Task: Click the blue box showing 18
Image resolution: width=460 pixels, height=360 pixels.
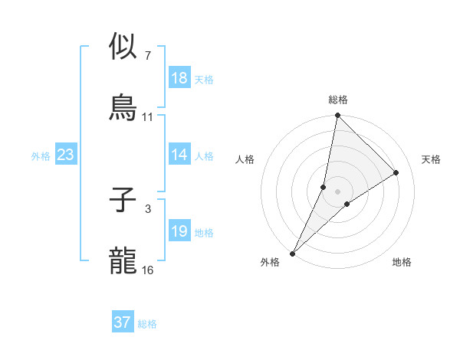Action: [x=179, y=77]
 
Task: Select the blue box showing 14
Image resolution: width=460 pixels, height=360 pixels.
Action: [x=179, y=155]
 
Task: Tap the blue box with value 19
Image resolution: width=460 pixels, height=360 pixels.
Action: [x=179, y=231]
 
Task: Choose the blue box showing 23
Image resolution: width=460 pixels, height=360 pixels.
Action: [x=66, y=155]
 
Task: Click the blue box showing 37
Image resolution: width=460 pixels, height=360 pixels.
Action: [x=123, y=322]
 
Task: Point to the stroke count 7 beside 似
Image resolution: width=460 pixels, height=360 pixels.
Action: [x=148, y=56]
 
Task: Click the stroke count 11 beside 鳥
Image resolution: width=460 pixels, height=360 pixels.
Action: [x=148, y=116]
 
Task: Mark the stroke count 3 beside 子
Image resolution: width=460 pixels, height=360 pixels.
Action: [x=148, y=208]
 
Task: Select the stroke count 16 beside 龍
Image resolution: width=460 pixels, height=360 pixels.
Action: [x=148, y=270]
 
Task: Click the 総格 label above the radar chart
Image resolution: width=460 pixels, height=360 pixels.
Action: [x=338, y=100]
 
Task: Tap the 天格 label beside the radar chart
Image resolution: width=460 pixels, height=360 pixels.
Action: [x=432, y=159]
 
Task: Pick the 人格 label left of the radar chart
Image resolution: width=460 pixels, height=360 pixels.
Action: [x=245, y=159]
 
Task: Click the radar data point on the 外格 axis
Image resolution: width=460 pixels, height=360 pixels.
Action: [x=293, y=253]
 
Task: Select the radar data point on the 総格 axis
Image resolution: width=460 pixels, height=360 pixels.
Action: [x=338, y=116]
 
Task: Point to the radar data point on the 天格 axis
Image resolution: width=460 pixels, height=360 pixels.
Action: [x=396, y=173]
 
